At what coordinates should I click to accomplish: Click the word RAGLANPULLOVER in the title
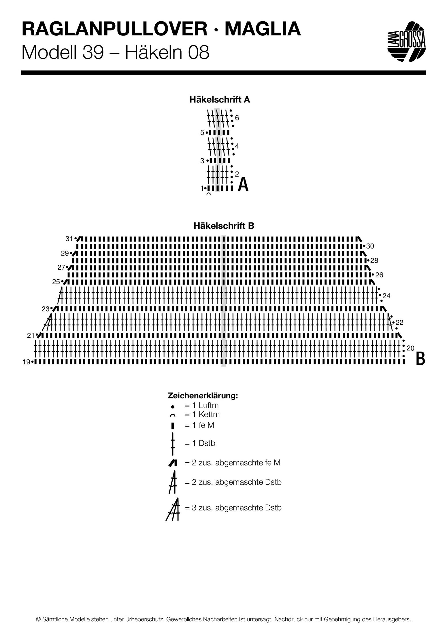pos(114,30)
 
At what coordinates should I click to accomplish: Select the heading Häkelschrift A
pos(220,100)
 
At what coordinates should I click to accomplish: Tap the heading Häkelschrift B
pos(224,226)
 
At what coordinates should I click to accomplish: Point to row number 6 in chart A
pos(237,118)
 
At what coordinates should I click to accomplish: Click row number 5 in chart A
pos(202,133)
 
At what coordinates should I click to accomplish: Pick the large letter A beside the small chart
pos(243,185)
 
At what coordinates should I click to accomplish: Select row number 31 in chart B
pos(69,239)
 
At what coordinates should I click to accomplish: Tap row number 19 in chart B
pos(27,362)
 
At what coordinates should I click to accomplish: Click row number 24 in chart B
pos(386,296)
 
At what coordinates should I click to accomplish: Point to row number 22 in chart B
pos(399,322)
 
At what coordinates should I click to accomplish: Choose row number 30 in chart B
pos(370,246)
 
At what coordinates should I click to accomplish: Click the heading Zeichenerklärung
pos(203,396)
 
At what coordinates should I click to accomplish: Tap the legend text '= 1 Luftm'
pos(202,405)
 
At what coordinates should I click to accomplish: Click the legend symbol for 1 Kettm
pos(173,415)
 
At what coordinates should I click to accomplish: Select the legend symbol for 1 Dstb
pos(173,444)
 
